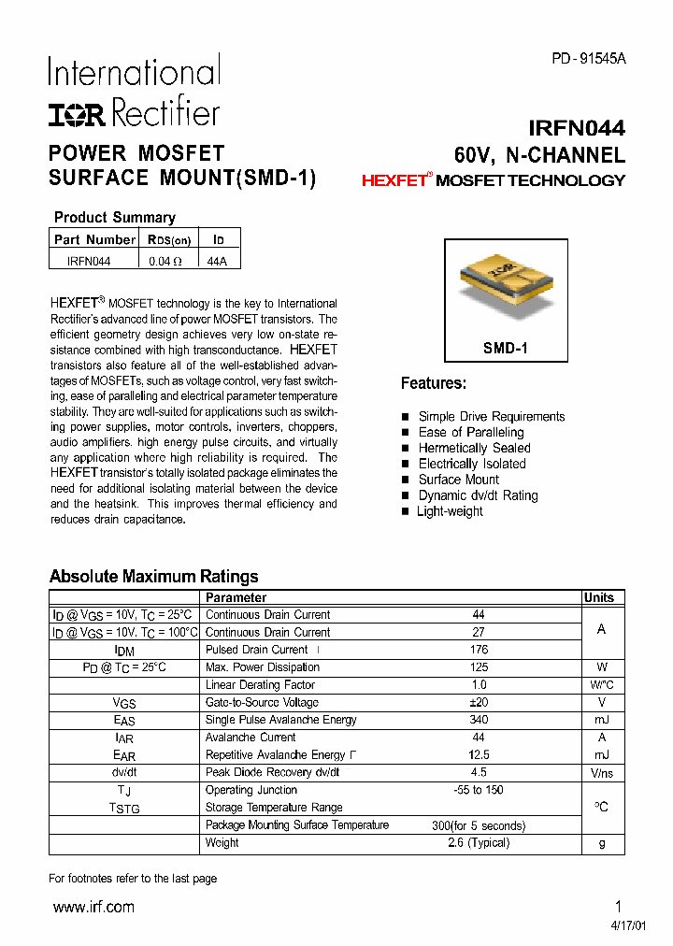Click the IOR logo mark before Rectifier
[78, 115]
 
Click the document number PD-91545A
[588, 58]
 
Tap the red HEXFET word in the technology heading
[394, 181]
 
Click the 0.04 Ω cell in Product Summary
[165, 262]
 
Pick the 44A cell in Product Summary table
[217, 262]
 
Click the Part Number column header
[94, 239]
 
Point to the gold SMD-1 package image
[506, 283]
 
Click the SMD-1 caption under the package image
[506, 348]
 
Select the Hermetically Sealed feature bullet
[474, 448]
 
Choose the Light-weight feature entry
[450, 511]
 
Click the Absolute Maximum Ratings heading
[153, 577]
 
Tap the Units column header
[599, 598]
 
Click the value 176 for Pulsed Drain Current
[479, 650]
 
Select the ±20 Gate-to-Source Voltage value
[479, 702]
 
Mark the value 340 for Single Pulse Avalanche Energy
[479, 720]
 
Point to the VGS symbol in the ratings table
[124, 703]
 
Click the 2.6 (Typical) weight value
[479, 842]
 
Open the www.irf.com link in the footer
[93, 907]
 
